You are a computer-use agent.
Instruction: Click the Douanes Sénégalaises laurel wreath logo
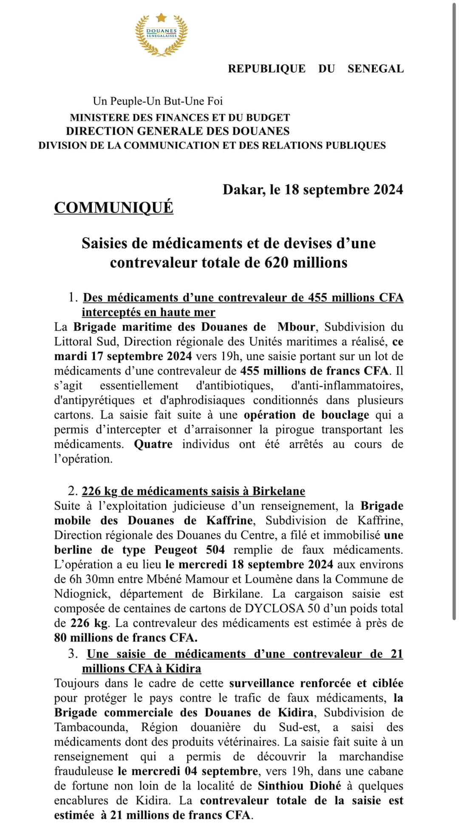pyautogui.click(x=161, y=35)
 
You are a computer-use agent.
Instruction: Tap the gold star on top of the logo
pyautogui.click(x=161, y=17)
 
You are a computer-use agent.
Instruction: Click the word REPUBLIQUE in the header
pyautogui.click(x=266, y=69)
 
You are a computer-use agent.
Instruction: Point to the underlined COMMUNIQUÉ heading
pyautogui.click(x=113, y=207)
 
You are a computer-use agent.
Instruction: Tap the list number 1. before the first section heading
pyautogui.click(x=73, y=297)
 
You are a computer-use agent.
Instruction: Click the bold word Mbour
pyautogui.click(x=296, y=327)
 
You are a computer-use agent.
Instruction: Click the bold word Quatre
pyautogui.click(x=153, y=444)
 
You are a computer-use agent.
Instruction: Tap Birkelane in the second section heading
pyautogui.click(x=279, y=491)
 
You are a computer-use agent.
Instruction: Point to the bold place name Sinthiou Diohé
pyautogui.click(x=300, y=786)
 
